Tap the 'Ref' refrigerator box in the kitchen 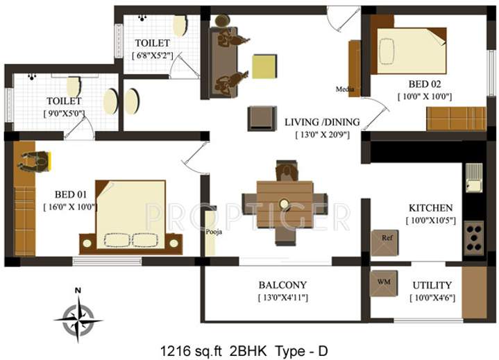387,238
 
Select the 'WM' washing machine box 382,283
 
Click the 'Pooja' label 214,232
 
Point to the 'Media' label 345,89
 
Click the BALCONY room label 282,285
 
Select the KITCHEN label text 430,208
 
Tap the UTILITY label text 432,285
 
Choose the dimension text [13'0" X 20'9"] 321,135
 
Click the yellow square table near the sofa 264,68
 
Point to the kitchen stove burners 474,237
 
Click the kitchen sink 474,180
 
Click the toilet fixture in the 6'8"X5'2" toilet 180,26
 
